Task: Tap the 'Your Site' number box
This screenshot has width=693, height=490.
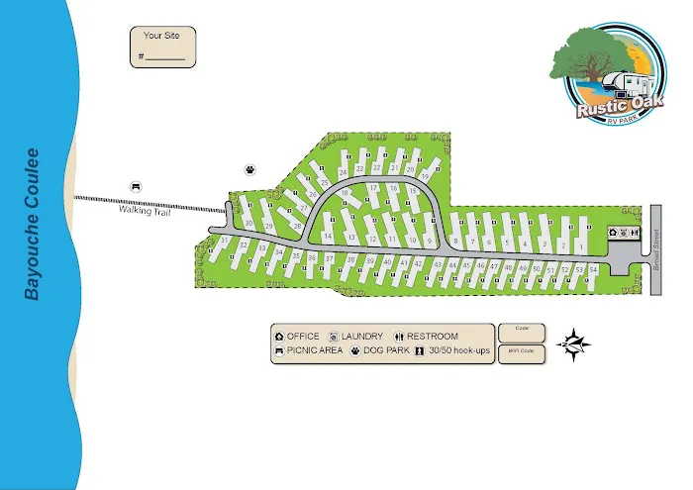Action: click(162, 48)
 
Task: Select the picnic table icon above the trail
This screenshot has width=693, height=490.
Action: click(136, 186)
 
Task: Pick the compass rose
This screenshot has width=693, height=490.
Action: click(575, 343)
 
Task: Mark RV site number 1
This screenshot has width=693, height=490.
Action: click(577, 244)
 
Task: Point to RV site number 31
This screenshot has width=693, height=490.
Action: click(226, 241)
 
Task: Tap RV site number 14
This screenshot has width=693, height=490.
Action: click(327, 236)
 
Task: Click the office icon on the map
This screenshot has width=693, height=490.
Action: click(614, 234)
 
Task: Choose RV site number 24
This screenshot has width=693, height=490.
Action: click(343, 171)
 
